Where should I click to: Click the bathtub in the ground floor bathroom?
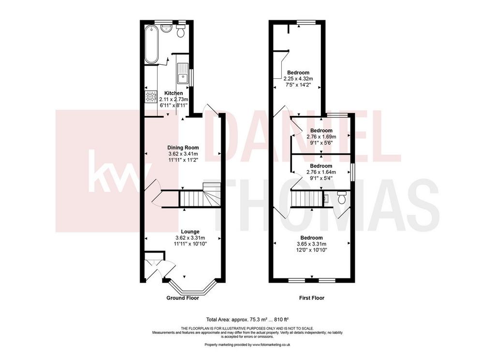(x=151, y=44)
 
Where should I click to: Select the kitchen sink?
(x=182, y=73)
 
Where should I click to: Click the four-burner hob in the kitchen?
(x=151, y=97)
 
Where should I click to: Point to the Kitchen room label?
(x=174, y=93)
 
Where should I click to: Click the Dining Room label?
(x=183, y=147)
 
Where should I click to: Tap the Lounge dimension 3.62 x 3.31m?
(x=190, y=238)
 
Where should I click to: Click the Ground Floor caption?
(x=183, y=298)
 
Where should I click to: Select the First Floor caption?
(x=312, y=298)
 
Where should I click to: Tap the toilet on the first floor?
(x=341, y=198)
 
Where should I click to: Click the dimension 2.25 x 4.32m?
(x=298, y=79)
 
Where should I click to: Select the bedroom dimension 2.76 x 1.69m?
(x=321, y=137)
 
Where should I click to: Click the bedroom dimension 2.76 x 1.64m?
(x=321, y=173)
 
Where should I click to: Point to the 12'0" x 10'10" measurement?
(x=312, y=250)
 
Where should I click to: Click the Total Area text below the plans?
(x=247, y=319)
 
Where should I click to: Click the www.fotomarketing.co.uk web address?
(x=271, y=345)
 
